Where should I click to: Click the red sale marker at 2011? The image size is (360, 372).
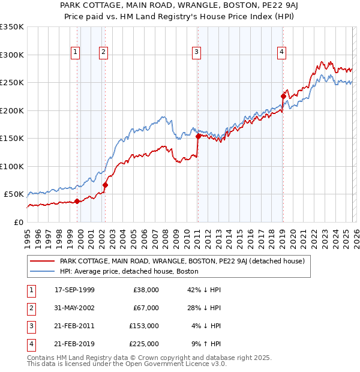click(x=198, y=136)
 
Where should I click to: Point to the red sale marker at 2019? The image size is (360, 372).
click(x=283, y=96)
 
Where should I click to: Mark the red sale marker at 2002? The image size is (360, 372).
click(x=105, y=185)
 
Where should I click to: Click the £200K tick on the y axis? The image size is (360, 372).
click(x=12, y=110)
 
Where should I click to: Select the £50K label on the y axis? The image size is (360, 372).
click(x=14, y=194)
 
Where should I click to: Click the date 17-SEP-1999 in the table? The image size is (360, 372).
click(x=74, y=290)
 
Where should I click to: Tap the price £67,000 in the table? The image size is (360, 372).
click(x=146, y=308)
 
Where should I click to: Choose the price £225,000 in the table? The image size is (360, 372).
click(x=144, y=344)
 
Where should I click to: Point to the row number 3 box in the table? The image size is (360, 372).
click(x=30, y=326)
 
